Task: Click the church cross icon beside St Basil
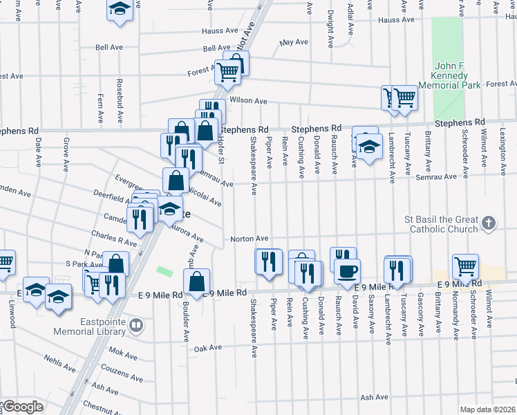489,223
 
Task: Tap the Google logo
22,407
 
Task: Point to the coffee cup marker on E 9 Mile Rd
347,271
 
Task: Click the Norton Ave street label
249,239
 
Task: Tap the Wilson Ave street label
248,101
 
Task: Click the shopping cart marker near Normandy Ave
465,266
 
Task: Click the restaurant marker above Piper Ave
269,261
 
